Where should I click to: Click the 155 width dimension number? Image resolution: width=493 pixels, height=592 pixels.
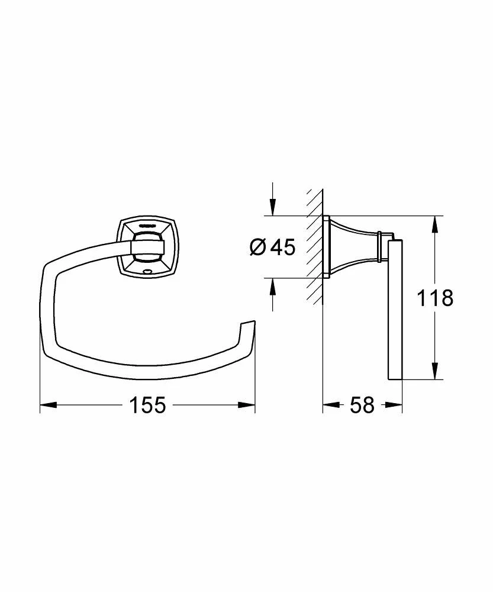(x=147, y=406)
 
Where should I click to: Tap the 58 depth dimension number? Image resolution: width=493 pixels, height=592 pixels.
(x=362, y=406)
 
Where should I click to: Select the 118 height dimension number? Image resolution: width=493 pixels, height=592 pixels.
(x=435, y=298)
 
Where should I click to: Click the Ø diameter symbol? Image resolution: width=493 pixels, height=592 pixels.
(x=259, y=247)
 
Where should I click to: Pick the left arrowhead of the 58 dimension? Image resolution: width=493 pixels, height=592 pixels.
(x=330, y=406)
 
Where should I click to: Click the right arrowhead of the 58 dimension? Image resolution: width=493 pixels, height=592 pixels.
(x=395, y=406)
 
